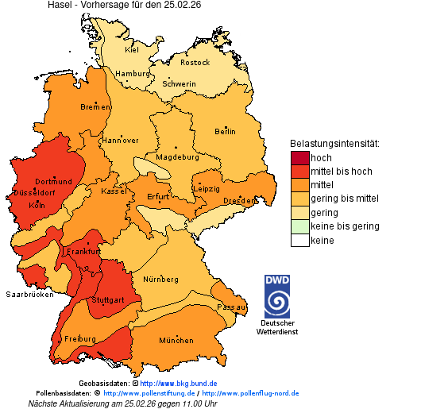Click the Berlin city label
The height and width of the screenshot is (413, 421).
(x=225, y=132)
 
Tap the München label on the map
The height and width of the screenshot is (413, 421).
(x=176, y=341)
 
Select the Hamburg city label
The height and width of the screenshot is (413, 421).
(x=132, y=74)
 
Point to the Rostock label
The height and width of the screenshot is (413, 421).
(x=195, y=63)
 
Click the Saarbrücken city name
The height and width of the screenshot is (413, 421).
(x=29, y=294)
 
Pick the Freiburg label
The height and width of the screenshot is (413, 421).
(x=79, y=339)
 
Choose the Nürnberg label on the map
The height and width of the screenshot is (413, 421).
(x=161, y=280)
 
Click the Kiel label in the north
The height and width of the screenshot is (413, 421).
(x=132, y=50)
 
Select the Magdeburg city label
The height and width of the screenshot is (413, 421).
(x=177, y=157)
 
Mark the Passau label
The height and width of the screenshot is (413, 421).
(x=232, y=307)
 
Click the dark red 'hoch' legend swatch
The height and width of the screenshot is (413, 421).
(x=299, y=158)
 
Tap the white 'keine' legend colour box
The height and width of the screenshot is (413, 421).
(x=299, y=240)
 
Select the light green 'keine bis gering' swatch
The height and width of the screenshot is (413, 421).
(x=299, y=226)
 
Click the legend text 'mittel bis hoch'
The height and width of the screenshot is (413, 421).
(x=341, y=172)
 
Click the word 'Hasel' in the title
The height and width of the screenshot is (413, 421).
(x=60, y=5)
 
